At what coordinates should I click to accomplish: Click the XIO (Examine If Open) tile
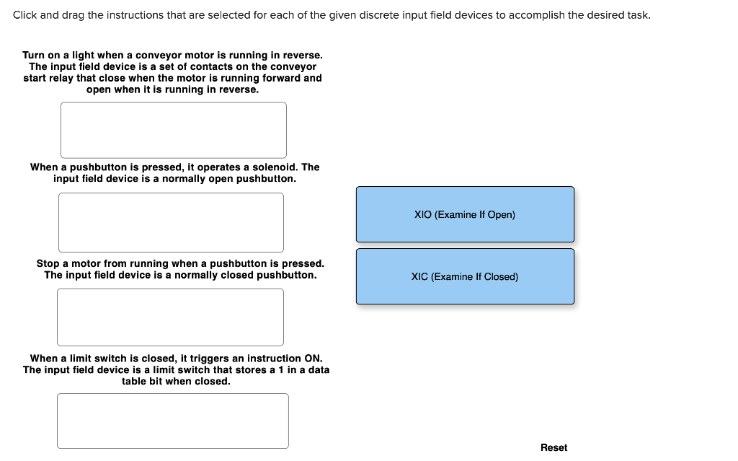[465, 214]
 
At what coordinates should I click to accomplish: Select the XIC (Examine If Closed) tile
[465, 276]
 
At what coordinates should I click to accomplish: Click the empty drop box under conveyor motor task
[173, 130]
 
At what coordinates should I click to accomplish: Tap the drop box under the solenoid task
[171, 222]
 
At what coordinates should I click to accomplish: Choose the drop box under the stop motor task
[170, 317]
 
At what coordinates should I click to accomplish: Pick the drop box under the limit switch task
[172, 421]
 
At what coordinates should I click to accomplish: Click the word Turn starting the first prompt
[34, 55]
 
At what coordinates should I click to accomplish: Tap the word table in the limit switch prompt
[135, 381]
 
